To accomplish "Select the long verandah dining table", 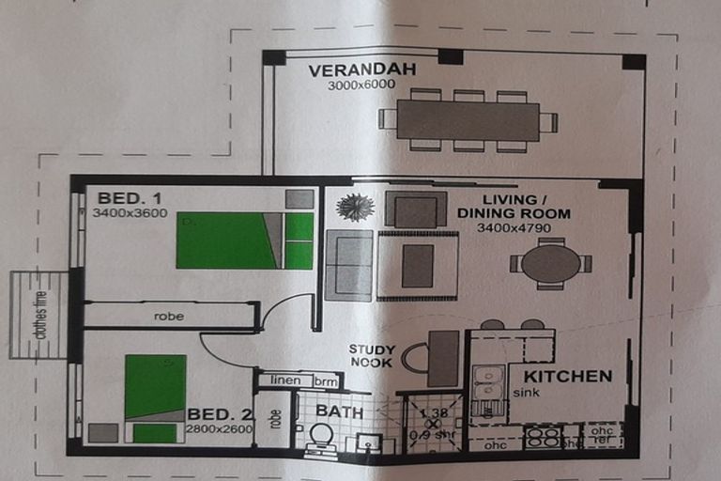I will click(x=468, y=121).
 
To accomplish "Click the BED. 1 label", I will click(x=130, y=197).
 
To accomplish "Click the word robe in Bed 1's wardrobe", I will click(x=169, y=317).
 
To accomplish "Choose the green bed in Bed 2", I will click(x=155, y=394).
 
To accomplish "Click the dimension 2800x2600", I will click(x=220, y=428).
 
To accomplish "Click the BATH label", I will click(x=332, y=411).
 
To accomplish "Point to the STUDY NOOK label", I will click(x=372, y=355).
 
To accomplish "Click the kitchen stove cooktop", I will click(x=542, y=437).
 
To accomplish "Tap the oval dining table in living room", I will click(x=551, y=263).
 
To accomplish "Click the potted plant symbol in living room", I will click(x=355, y=208).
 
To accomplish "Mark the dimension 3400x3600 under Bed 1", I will click(x=129, y=212).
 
